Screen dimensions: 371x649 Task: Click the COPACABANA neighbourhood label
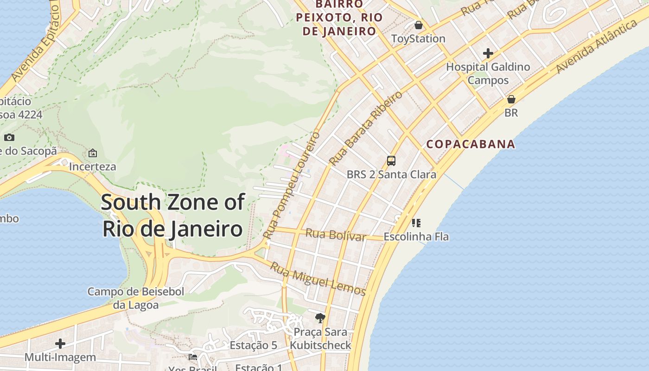(x=471, y=144)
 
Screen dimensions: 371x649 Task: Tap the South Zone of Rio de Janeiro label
(x=172, y=216)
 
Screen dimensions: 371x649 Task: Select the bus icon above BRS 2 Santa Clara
(x=391, y=161)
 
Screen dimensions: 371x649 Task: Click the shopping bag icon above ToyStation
(x=419, y=25)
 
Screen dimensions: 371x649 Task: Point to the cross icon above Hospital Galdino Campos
(x=488, y=53)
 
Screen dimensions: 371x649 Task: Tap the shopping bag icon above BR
(x=511, y=99)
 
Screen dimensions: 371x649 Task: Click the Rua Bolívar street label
(x=336, y=235)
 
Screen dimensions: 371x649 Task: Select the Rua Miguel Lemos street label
(x=318, y=279)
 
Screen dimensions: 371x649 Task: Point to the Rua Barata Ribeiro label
(x=366, y=128)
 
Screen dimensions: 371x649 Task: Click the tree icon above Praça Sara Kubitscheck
(x=320, y=318)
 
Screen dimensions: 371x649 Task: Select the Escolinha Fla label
(x=416, y=237)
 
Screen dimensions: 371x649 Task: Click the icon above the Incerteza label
(x=93, y=153)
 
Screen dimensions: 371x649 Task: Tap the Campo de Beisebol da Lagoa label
(x=136, y=298)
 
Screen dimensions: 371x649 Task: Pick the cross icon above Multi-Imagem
(x=60, y=344)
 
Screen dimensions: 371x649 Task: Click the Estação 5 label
(x=253, y=345)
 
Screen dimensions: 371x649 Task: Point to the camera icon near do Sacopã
(x=9, y=137)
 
